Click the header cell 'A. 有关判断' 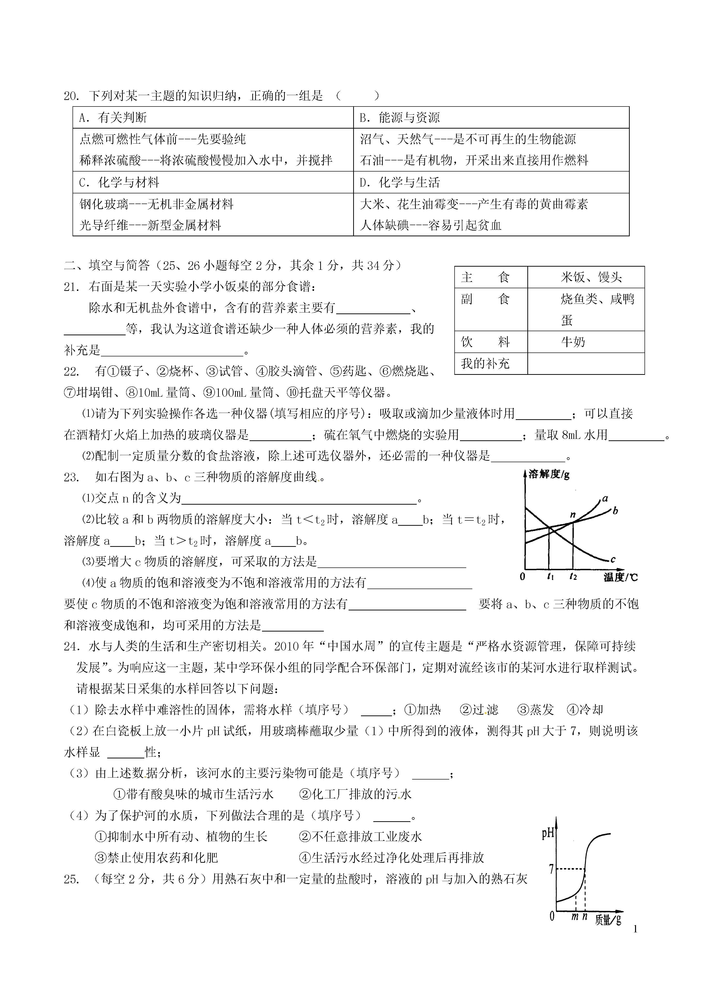pyautogui.click(x=113, y=118)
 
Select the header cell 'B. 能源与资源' pyautogui.click(x=400, y=118)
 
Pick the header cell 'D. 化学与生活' pyautogui.click(x=400, y=182)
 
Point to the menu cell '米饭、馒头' pyautogui.click(x=591, y=277)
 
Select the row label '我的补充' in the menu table pyautogui.click(x=485, y=363)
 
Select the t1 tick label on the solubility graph pyautogui.click(x=550, y=576)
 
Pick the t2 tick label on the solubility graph pyautogui.click(x=573, y=576)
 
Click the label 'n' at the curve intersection pyautogui.click(x=573, y=515)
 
